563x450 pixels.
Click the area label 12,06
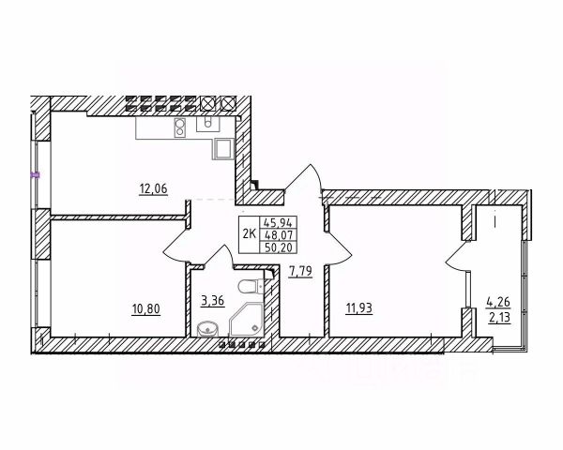coord(152,187)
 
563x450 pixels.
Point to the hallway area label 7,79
coord(300,271)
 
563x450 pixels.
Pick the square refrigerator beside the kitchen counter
coord(224,147)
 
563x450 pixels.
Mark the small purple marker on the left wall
coord(35,173)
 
